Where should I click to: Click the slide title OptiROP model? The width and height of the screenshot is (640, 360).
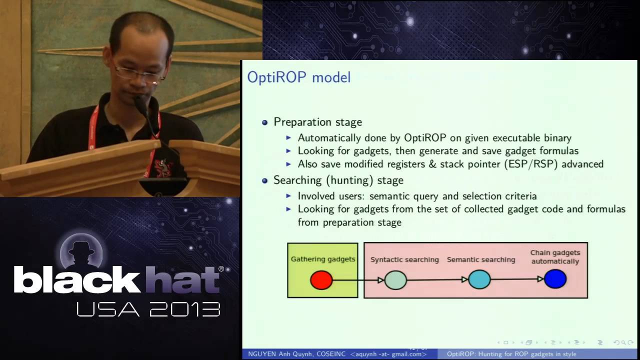tap(299, 77)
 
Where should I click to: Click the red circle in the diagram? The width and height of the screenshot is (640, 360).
tap(321, 280)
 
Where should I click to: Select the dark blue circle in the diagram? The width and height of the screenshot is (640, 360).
tap(555, 278)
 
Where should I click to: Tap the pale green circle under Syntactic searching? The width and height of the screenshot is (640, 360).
tap(395, 280)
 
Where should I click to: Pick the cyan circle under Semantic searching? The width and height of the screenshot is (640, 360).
tap(479, 279)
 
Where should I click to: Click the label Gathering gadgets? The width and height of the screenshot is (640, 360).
tap(323, 259)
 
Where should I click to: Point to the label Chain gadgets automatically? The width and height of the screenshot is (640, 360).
tap(555, 257)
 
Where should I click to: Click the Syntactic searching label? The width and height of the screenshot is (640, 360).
tap(404, 259)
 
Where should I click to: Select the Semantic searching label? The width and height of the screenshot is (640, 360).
tap(481, 259)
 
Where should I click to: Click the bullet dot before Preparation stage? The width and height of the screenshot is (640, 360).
tap(265, 122)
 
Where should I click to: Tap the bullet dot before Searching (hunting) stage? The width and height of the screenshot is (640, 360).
tap(265, 180)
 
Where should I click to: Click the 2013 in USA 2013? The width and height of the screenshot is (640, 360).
tap(184, 309)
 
